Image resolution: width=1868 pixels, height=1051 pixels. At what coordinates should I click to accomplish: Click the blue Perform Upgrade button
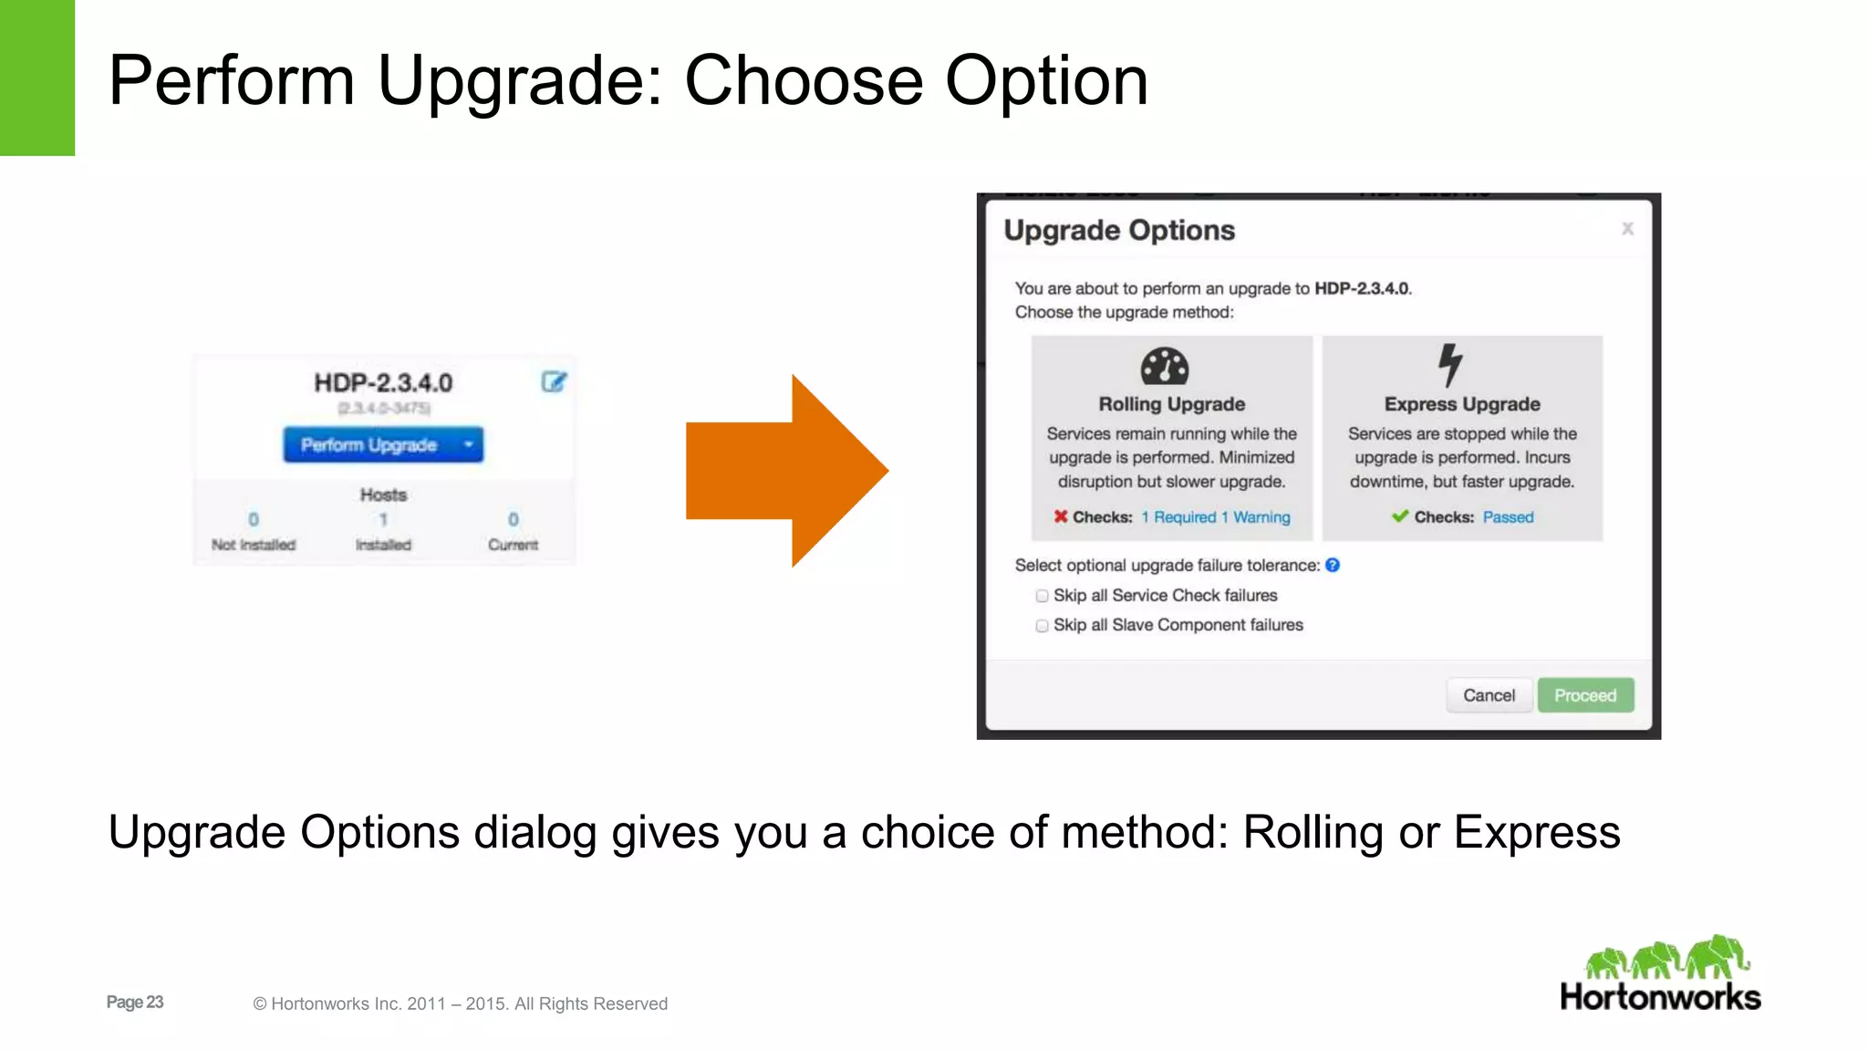tap(369, 445)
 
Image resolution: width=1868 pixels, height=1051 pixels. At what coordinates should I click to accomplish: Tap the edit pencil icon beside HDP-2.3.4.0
tap(554, 381)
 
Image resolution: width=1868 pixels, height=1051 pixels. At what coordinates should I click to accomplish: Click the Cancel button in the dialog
tap(1489, 695)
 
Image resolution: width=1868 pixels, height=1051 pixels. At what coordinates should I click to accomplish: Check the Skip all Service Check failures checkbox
tap(1042, 596)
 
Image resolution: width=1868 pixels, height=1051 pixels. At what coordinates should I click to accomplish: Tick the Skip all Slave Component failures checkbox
tap(1042, 626)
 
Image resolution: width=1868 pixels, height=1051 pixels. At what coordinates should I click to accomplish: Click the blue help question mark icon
tap(1333, 566)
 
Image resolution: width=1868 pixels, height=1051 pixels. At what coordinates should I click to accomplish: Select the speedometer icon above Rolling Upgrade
tap(1165, 366)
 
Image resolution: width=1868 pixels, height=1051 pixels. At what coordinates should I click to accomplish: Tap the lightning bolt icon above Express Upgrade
tap(1450, 365)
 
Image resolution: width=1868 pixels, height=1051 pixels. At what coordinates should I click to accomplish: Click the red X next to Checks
tap(1061, 516)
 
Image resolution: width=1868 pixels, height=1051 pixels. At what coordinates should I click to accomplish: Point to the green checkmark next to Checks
tap(1400, 516)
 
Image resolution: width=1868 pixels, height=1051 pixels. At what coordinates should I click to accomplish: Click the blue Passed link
tap(1508, 517)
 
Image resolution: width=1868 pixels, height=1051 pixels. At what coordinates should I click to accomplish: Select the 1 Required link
tap(1178, 517)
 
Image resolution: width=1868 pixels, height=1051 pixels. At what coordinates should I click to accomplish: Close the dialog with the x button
tap(1627, 229)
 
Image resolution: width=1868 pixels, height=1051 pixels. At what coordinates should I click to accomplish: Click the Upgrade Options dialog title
tap(1119, 230)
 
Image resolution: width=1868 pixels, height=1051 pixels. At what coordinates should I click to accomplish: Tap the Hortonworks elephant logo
tap(1666, 957)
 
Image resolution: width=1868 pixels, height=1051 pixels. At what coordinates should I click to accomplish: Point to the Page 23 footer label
tap(135, 1002)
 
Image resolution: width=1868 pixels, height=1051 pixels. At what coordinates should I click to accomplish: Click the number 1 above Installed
tap(383, 519)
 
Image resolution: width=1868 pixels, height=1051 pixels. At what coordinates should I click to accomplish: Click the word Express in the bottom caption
tap(1537, 832)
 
